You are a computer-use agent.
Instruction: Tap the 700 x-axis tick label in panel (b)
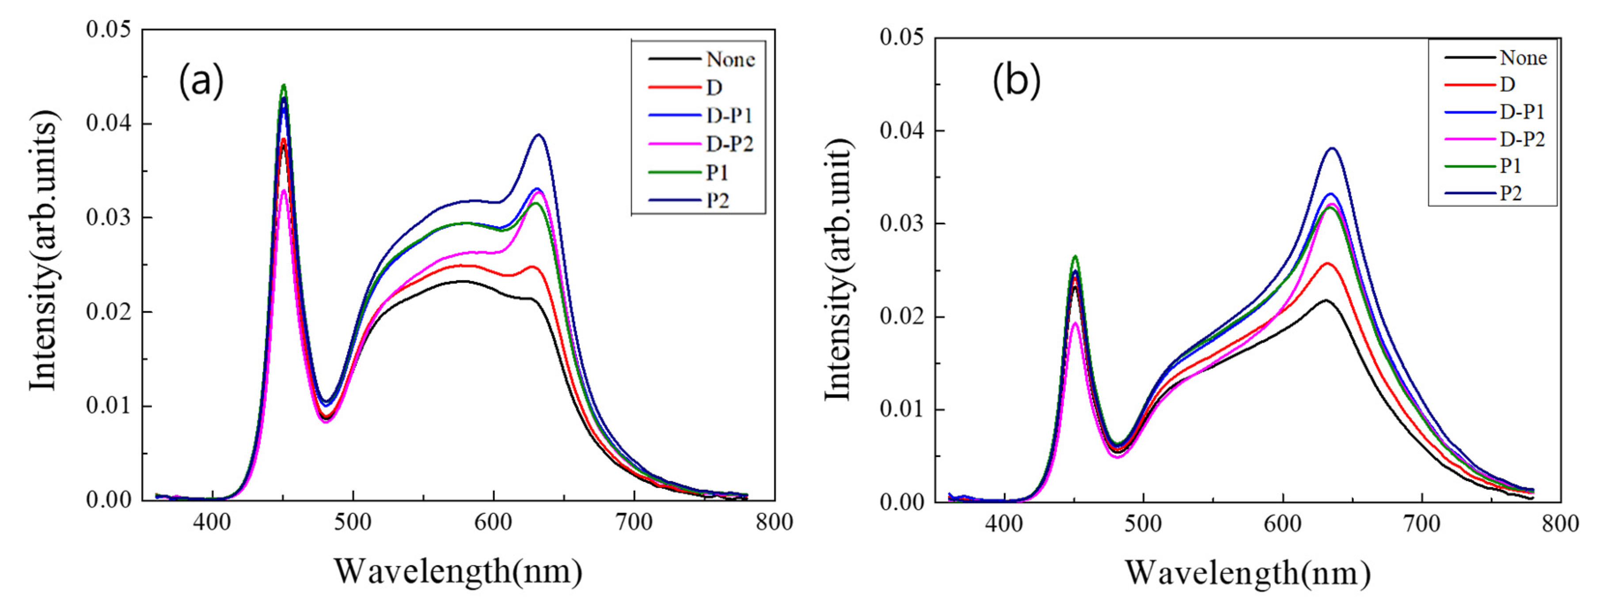point(1422,524)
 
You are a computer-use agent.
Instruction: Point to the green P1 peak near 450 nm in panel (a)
point(283,85)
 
